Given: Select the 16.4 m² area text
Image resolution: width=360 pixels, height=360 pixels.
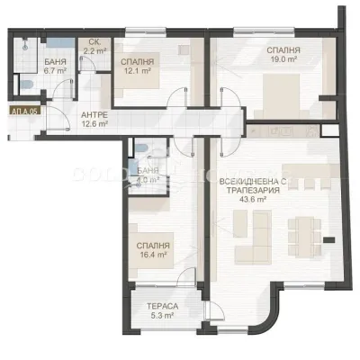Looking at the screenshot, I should (x=151, y=255).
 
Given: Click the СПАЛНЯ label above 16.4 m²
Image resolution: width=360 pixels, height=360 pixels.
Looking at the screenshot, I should (x=151, y=245).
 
